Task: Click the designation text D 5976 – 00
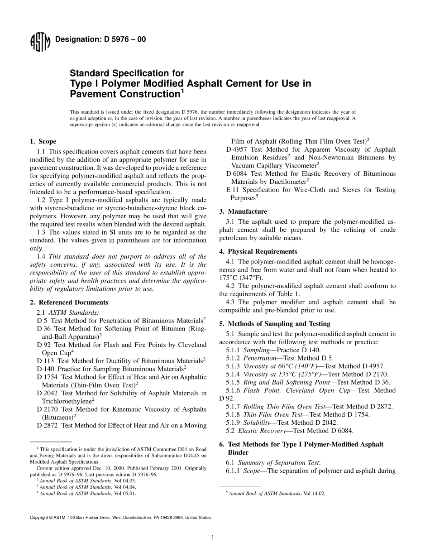(100, 39)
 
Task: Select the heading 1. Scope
(43, 142)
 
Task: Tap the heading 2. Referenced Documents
(69, 302)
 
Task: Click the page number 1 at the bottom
(213, 538)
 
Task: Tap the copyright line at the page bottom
(120, 517)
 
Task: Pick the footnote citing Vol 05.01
(86, 493)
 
